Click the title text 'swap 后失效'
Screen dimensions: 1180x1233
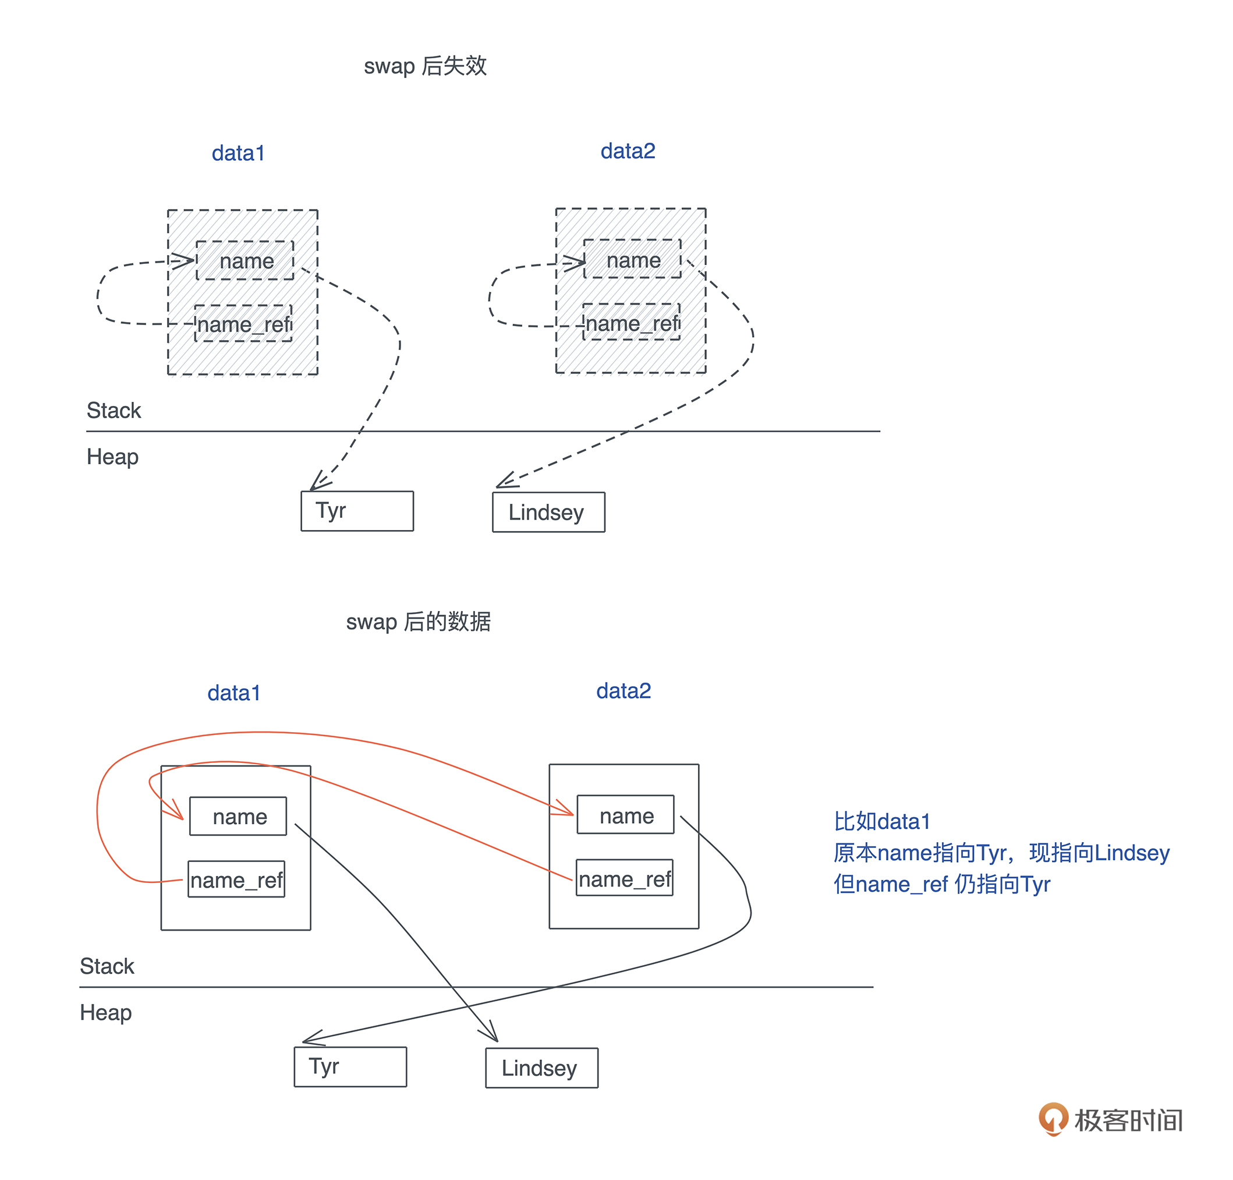coord(424,66)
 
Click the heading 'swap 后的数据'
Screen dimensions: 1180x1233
coord(417,621)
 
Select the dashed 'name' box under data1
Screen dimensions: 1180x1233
coord(245,260)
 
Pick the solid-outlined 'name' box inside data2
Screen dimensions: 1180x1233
coord(626,816)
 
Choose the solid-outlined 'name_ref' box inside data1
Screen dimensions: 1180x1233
coord(236,879)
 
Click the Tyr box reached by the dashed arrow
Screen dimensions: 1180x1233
coord(356,511)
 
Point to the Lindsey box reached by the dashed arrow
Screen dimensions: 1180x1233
coord(548,512)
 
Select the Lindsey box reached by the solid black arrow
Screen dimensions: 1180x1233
coord(541,1068)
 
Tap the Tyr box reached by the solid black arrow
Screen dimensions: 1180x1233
coord(350,1066)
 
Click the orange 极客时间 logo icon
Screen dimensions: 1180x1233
coord(1053,1118)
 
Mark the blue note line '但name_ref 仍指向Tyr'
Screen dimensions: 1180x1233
coord(941,884)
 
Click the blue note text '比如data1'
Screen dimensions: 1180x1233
coord(881,821)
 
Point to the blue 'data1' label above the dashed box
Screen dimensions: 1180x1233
coord(238,153)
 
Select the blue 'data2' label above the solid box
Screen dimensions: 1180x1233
coord(623,691)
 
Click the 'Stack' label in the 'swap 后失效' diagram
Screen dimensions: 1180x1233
coord(113,410)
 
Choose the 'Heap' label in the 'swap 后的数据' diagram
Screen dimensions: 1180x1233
coord(105,1012)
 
